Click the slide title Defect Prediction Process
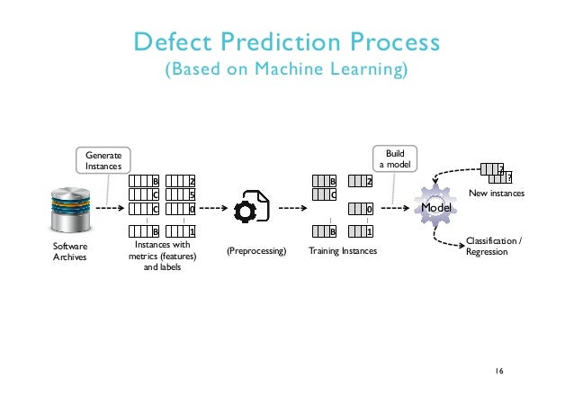(286, 42)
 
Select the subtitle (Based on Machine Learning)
(286, 70)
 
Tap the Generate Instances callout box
(103, 160)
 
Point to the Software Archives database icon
(70, 208)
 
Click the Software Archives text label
(69, 250)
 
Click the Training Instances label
(343, 252)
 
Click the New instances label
(497, 194)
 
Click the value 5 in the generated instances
(192, 194)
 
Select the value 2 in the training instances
(369, 180)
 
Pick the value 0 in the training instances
(369, 209)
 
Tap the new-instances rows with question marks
(496, 172)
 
